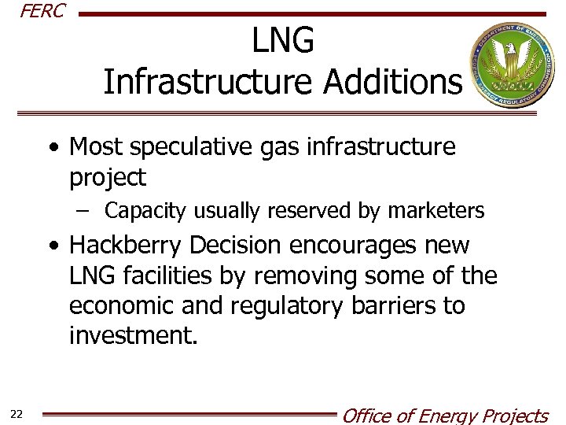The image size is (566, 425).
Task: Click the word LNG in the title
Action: click(283, 41)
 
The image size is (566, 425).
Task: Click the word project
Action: click(108, 178)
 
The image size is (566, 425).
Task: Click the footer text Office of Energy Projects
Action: click(444, 416)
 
